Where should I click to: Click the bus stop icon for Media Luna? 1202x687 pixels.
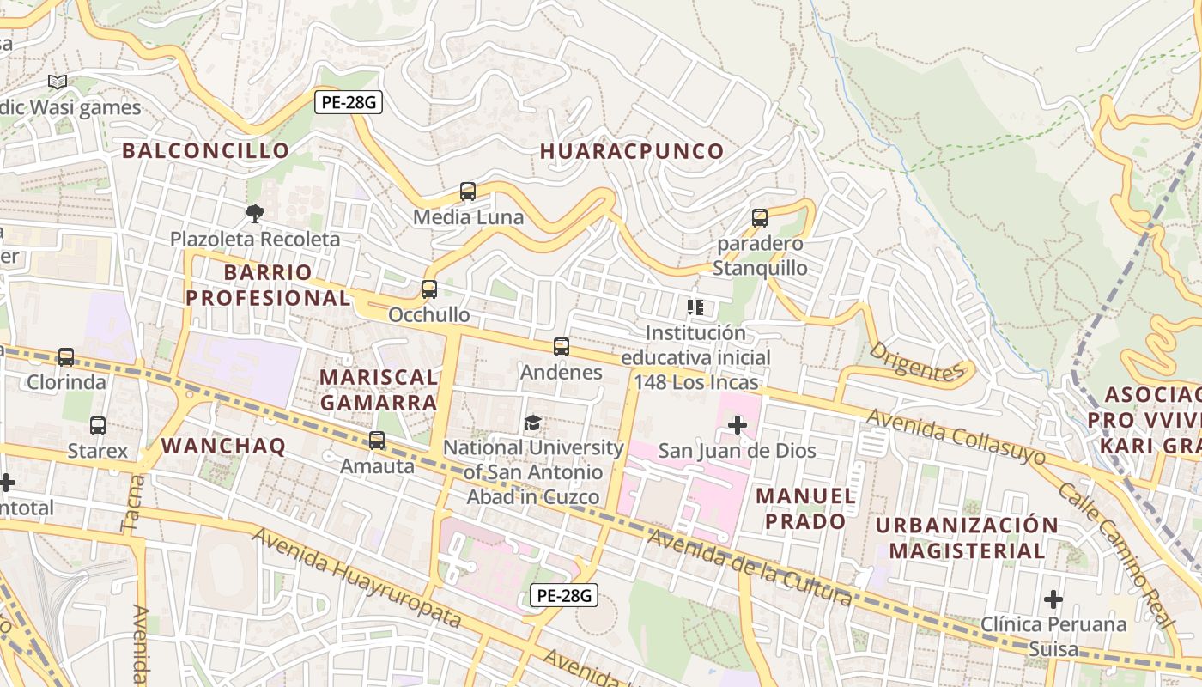point(468,192)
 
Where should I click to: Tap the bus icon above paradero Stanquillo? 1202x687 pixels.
point(760,218)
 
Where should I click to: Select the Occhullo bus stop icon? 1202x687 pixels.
point(429,289)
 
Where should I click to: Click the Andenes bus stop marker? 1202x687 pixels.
point(562,347)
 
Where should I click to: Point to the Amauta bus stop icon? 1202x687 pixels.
point(376,441)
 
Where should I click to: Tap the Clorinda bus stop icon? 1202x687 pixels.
point(66,357)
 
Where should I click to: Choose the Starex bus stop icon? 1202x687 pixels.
point(98,426)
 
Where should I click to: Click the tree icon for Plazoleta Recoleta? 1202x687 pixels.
point(254,213)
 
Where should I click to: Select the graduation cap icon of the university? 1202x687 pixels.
point(532,423)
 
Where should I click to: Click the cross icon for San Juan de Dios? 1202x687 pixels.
point(737,425)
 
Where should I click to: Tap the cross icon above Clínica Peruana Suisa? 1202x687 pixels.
point(1053,599)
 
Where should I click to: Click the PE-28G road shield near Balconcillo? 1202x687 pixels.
point(348,102)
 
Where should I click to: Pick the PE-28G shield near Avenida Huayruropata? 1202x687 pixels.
point(563,595)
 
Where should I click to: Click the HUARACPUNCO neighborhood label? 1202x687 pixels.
point(632,152)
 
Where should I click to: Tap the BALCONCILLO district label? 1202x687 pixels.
point(205,151)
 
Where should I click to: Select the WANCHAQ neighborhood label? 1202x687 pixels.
point(223,446)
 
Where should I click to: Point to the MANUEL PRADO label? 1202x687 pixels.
point(805,508)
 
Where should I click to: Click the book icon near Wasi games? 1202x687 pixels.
point(58,82)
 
